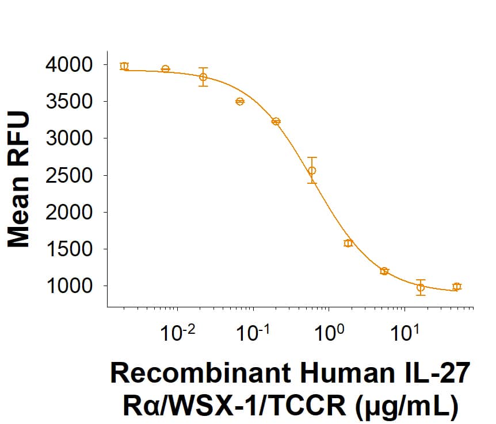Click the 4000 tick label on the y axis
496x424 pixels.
pyautogui.click(x=68, y=65)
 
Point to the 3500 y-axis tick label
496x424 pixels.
pyautogui.click(x=68, y=102)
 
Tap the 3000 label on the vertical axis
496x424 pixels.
pyautogui.click(x=68, y=138)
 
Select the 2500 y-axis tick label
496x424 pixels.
pyautogui.click(x=68, y=175)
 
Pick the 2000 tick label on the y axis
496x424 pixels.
pyautogui.click(x=68, y=212)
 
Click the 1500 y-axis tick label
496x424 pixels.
pyautogui.click(x=68, y=249)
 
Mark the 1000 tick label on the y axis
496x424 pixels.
pyautogui.click(x=68, y=286)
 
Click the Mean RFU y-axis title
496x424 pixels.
pyautogui.click(x=19, y=180)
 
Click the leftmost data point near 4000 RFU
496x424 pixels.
pyautogui.click(x=124, y=66)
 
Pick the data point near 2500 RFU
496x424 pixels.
pyautogui.click(x=312, y=171)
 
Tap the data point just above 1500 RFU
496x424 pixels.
pyautogui.click(x=348, y=243)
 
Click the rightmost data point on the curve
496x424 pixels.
pyautogui.click(x=457, y=286)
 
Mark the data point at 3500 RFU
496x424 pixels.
pyautogui.click(x=240, y=102)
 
